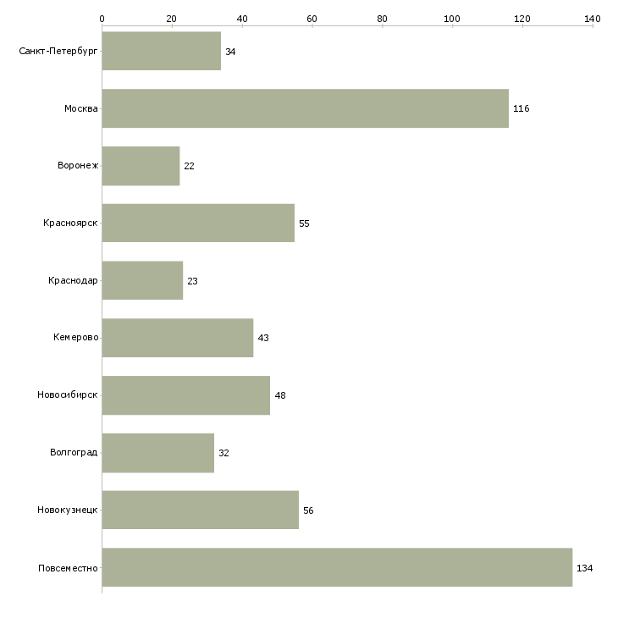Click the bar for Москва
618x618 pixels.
click(x=306, y=108)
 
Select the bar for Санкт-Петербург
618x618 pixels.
click(x=162, y=51)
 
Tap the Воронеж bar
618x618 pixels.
click(x=141, y=166)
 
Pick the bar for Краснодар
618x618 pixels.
click(x=143, y=280)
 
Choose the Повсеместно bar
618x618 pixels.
click(x=338, y=567)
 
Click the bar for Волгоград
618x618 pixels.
click(x=158, y=453)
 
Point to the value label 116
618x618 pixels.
click(x=521, y=108)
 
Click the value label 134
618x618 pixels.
click(x=584, y=568)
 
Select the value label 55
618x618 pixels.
click(x=304, y=223)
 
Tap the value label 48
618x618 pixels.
click(x=280, y=395)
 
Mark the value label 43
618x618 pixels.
click(x=263, y=338)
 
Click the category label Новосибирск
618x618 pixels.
click(x=68, y=395)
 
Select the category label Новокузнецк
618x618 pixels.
click(x=68, y=510)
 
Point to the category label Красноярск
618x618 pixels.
click(x=70, y=223)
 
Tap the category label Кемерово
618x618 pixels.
click(x=76, y=338)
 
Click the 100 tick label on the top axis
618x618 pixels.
click(x=452, y=19)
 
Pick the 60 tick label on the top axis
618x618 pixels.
click(x=312, y=19)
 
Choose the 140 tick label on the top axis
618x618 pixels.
click(x=593, y=19)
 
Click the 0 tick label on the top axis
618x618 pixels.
click(x=102, y=19)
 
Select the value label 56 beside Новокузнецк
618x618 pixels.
click(x=308, y=510)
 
